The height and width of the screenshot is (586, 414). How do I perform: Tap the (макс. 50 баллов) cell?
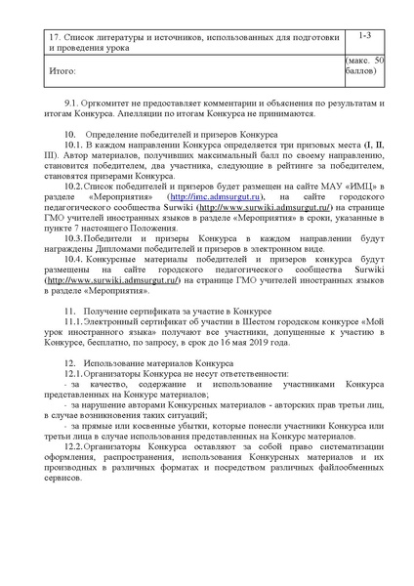click(x=365, y=65)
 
